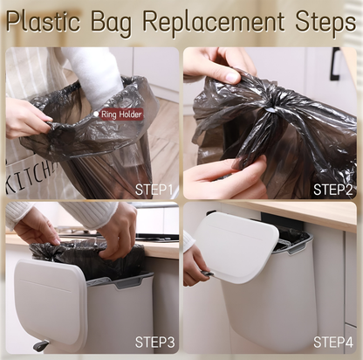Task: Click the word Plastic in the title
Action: [43, 21]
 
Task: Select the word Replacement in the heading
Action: [214, 22]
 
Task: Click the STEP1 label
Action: [154, 190]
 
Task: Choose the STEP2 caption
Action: [332, 190]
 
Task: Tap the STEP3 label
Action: [154, 342]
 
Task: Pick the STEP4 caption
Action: [333, 342]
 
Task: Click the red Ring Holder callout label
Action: [121, 114]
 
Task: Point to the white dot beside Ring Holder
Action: [96, 114]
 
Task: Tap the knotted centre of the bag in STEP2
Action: [272, 108]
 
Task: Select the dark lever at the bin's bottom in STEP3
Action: [41, 345]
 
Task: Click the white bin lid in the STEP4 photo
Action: [236, 246]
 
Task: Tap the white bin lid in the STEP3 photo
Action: [51, 303]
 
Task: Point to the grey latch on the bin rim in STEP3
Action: [129, 282]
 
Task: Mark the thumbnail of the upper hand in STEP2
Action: [233, 77]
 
